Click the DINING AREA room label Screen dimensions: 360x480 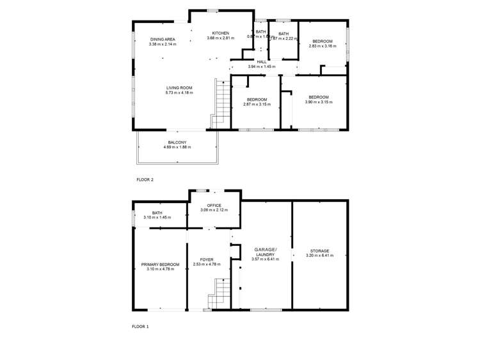[163, 39]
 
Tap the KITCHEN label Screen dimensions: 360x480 [220, 33]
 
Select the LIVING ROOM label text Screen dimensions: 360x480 [179, 88]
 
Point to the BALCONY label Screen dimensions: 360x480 [177, 142]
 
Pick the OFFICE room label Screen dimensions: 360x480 [214, 205]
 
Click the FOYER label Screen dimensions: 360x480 [207, 259]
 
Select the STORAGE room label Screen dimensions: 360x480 [320, 250]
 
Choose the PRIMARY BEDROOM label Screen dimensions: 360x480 [160, 264]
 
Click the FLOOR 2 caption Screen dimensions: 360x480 [145, 180]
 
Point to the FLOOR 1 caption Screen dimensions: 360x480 [140, 327]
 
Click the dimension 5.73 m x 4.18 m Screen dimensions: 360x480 [179, 93]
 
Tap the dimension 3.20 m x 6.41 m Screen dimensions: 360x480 [320, 256]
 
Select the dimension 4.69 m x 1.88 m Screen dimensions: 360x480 [177, 147]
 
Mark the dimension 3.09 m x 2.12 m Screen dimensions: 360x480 [214, 210]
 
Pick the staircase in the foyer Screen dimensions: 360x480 [218, 293]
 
